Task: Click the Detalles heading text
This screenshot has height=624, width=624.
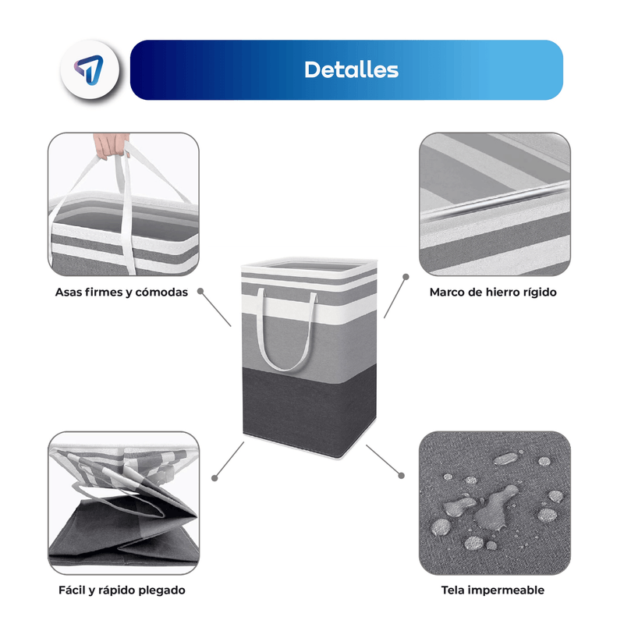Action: click(x=351, y=69)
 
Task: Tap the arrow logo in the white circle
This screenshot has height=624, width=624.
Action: click(x=89, y=70)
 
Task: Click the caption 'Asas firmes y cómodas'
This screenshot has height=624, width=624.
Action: click(x=122, y=292)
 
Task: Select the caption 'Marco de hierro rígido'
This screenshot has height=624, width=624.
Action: click(x=493, y=292)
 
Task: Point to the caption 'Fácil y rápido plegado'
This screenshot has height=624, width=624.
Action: click(x=122, y=590)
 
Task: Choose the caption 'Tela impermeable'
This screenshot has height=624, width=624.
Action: click(x=493, y=590)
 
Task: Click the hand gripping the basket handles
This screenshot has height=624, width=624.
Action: click(x=111, y=146)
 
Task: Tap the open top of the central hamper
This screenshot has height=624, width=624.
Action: click(x=309, y=265)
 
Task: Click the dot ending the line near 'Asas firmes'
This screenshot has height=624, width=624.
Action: click(x=200, y=291)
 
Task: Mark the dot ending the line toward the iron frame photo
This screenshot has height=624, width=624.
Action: click(x=406, y=277)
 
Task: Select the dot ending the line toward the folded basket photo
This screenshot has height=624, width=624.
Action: click(x=214, y=478)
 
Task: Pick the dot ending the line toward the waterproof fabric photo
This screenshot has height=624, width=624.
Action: click(x=401, y=475)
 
